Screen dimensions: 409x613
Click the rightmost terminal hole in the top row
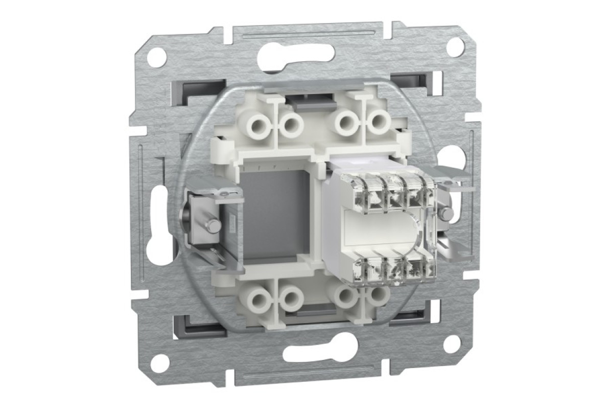click(378, 122)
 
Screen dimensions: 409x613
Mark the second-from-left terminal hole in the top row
click(292, 123)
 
